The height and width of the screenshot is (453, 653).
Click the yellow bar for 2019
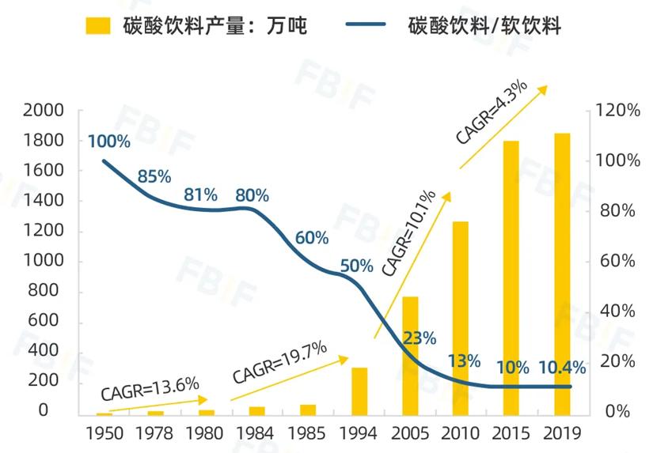562,274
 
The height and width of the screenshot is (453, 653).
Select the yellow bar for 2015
511,277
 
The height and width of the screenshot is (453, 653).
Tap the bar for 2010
461,318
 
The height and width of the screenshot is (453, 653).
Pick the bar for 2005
410,355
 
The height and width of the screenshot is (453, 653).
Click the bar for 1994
359,391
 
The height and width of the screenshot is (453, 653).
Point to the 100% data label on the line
108,142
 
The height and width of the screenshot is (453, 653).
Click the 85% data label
154,176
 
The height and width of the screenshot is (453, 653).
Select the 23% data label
420,338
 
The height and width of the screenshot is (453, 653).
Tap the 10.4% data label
562,368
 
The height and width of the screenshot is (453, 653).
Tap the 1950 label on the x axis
104,433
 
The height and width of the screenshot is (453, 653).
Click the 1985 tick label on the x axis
308,433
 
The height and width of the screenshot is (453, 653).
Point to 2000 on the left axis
44,111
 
